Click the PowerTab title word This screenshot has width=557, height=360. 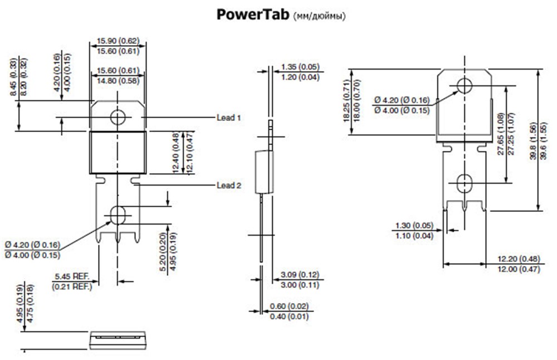(252, 14)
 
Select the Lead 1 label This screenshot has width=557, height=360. (229, 117)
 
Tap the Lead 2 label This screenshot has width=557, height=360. (229, 185)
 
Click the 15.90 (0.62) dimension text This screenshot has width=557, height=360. (118, 41)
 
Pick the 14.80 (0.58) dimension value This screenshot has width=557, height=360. (118, 81)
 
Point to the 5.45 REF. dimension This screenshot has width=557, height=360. (72, 276)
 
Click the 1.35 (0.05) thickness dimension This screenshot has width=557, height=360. (300, 66)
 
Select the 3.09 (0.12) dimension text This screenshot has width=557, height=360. (300, 274)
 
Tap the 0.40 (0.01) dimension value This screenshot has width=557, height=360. (289, 316)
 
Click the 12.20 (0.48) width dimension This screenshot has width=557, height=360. (519, 259)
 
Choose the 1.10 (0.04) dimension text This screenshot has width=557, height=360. (414, 235)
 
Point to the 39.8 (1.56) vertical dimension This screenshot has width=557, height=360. (533, 141)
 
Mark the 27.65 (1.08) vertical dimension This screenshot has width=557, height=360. (501, 134)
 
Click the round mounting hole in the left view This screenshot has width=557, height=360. (118, 117)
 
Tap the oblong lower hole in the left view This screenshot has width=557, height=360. (118, 215)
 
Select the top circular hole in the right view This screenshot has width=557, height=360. (465, 86)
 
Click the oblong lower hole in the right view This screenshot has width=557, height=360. (464, 183)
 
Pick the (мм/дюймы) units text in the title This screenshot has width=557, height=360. (319, 16)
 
